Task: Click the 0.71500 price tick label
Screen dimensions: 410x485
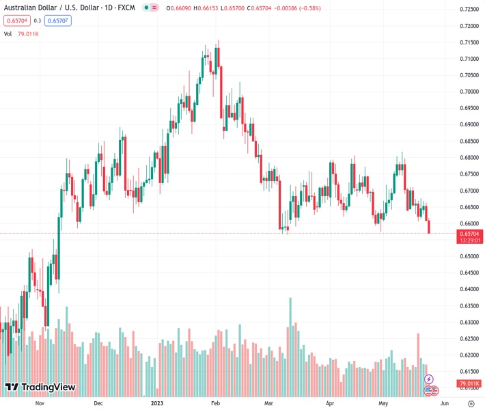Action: click(x=468, y=42)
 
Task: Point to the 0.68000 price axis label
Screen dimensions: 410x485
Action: click(x=468, y=157)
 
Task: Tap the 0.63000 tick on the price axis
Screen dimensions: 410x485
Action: click(x=468, y=323)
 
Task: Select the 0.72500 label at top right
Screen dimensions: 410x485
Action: click(x=468, y=10)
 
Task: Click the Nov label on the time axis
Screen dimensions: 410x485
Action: click(x=40, y=403)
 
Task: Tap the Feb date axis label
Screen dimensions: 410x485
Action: click(x=216, y=403)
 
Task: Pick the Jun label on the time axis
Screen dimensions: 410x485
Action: click(x=434, y=403)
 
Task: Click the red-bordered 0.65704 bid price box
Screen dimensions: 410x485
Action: click(x=17, y=20)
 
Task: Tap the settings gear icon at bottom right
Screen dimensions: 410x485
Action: click(x=471, y=403)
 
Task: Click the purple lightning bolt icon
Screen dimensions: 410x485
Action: click(x=429, y=379)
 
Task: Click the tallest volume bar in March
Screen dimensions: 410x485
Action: click(x=290, y=342)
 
